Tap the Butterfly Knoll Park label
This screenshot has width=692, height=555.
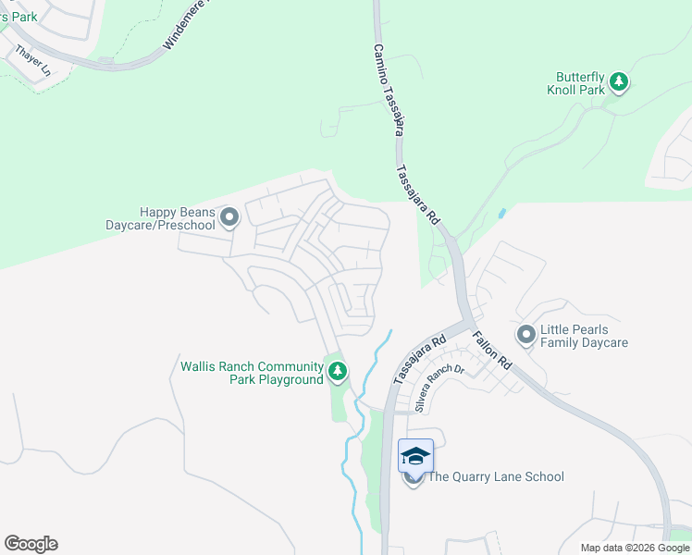(580, 83)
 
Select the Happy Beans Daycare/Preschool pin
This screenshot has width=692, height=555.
(229, 218)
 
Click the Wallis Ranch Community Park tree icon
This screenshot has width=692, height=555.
(338, 373)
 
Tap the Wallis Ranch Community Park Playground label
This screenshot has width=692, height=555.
(253, 373)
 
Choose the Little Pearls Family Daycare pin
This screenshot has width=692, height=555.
(526, 335)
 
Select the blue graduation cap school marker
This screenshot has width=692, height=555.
(415, 455)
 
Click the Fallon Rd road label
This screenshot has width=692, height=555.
(492, 351)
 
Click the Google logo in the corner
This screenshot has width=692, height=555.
(31, 544)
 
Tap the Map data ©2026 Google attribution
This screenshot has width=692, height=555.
(634, 548)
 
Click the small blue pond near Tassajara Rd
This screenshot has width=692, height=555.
(501, 213)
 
